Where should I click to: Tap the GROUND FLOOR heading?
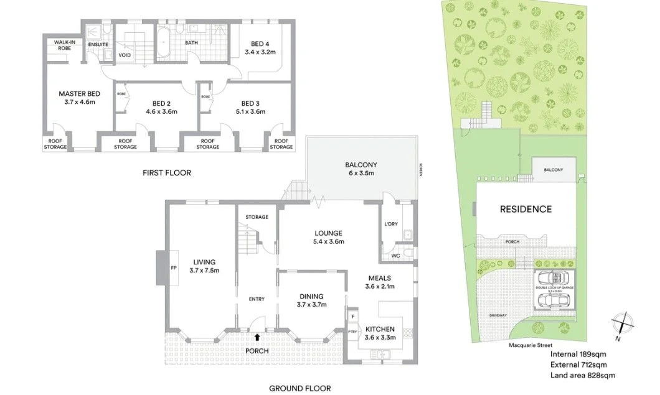point(299,388)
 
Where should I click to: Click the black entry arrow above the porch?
point(257,337)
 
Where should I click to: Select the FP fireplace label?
point(174,267)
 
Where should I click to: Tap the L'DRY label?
point(391,223)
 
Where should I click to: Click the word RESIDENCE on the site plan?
point(526,209)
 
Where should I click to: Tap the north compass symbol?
point(623,323)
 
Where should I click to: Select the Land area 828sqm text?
point(582,375)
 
